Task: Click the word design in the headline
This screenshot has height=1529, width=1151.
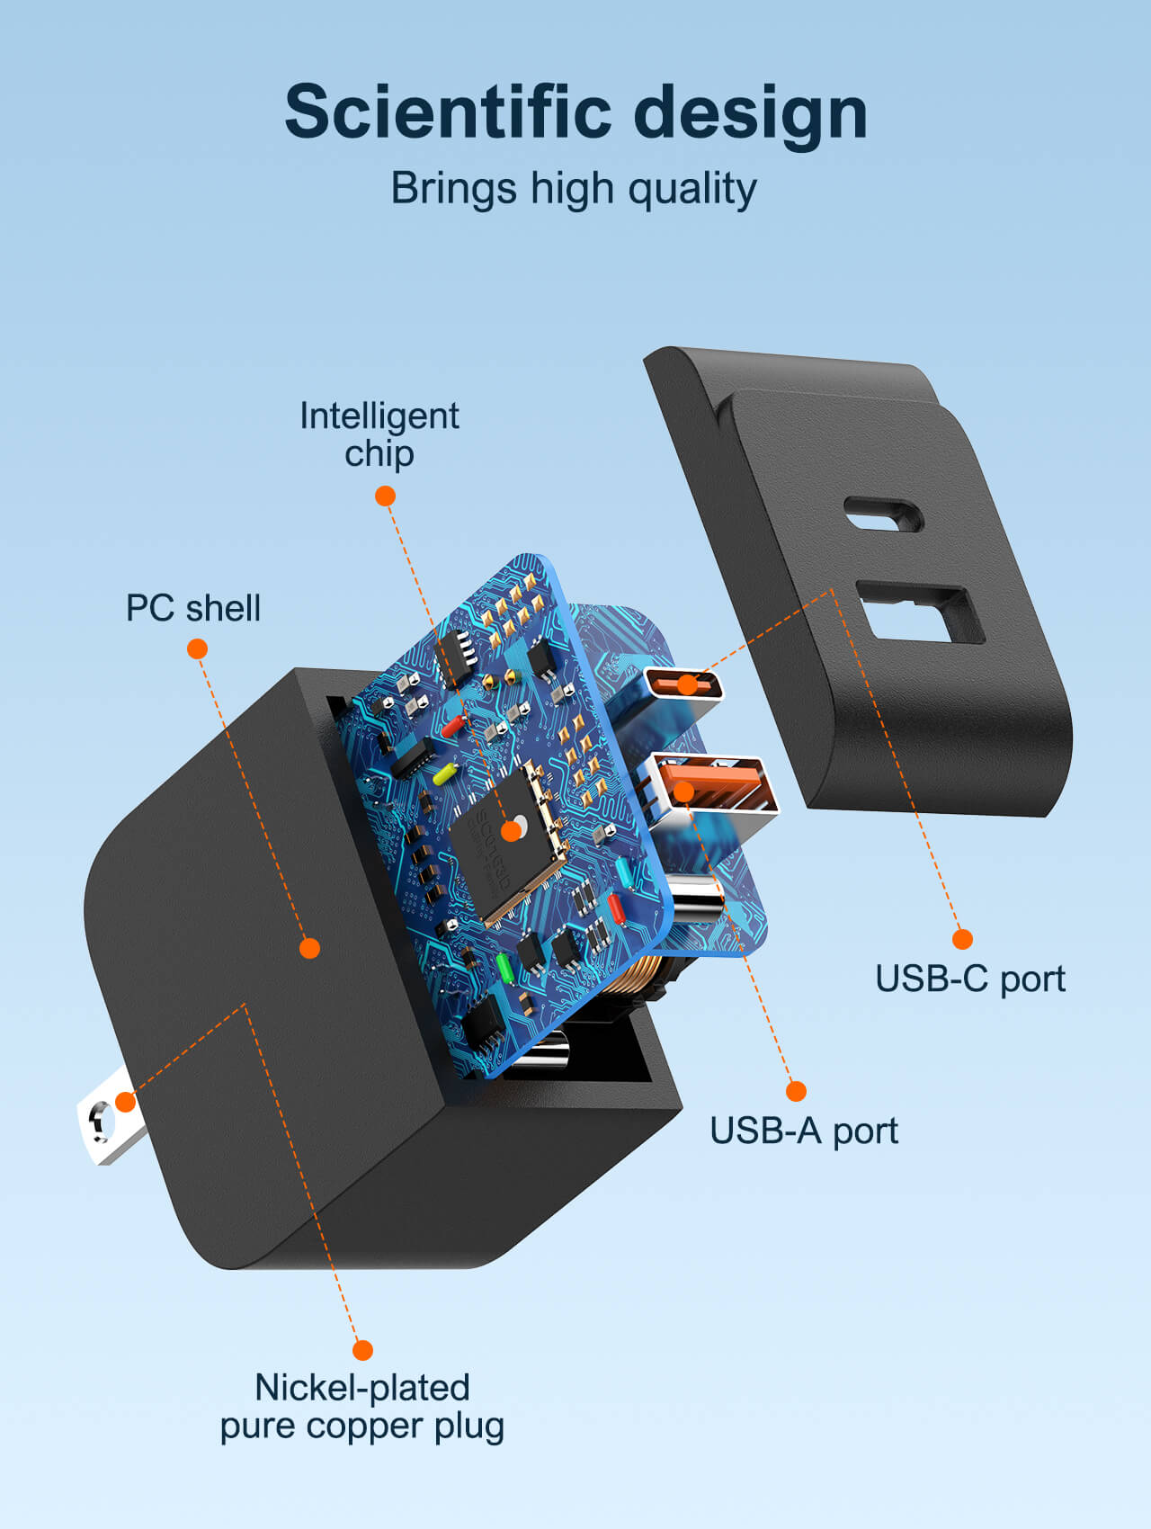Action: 750,113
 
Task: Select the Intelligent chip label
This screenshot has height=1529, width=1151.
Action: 379,434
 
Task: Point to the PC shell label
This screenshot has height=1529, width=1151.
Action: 193,608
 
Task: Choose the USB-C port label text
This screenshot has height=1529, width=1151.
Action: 969,979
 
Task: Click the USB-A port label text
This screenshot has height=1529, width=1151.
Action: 803,1131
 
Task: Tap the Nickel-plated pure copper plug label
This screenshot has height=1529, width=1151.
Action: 362,1407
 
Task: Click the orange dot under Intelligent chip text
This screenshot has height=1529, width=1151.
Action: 385,496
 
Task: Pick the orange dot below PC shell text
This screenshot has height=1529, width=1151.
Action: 197,648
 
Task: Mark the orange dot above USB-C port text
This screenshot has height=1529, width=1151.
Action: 962,939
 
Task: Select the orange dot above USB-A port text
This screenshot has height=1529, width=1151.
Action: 796,1091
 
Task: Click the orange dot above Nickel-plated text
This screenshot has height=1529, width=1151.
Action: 362,1349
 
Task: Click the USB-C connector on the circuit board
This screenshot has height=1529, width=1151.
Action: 684,685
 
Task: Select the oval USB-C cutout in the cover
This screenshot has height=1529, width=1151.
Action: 883,514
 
